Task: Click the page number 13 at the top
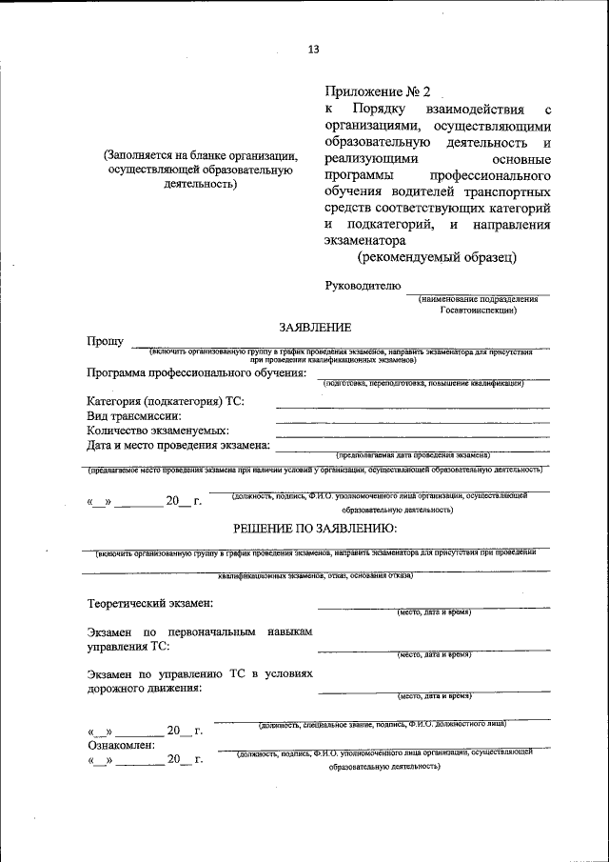click(x=313, y=50)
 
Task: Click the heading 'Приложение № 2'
click(x=378, y=92)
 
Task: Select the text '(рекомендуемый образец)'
click(x=438, y=257)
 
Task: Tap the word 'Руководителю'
click(x=363, y=285)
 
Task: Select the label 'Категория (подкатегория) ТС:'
click(x=166, y=401)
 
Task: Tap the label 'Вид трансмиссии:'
click(x=134, y=415)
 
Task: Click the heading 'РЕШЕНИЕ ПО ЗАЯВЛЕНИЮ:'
click(x=315, y=528)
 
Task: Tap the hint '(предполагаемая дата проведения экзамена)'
click(x=412, y=454)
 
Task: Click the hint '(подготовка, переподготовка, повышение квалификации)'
click(x=423, y=383)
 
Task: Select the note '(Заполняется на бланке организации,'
click(x=201, y=156)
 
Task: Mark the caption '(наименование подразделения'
click(x=478, y=299)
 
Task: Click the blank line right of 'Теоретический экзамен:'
click(x=433, y=607)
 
